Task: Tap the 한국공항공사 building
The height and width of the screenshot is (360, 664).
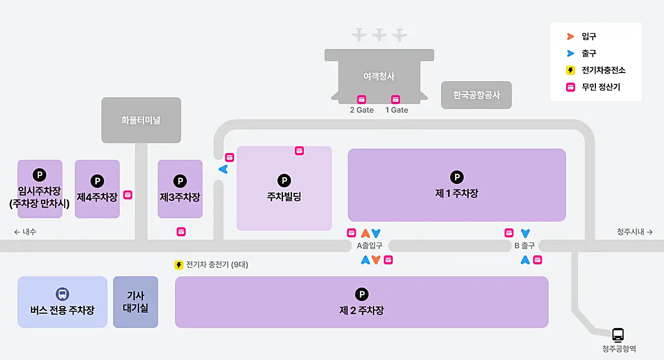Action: point(477,95)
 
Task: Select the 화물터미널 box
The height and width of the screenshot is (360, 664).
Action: point(141,120)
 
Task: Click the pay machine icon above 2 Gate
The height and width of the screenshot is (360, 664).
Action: point(361,99)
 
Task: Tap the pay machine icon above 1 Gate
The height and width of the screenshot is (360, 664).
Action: point(396,99)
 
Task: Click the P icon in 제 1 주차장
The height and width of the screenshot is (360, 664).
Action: point(457,177)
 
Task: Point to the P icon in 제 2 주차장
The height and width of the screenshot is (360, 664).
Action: point(361,294)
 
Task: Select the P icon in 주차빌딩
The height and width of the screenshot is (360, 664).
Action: point(284,181)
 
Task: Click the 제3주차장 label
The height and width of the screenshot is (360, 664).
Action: point(180,197)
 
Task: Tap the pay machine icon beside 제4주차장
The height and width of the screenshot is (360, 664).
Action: point(128,195)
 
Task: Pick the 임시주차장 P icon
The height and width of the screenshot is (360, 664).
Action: point(39,175)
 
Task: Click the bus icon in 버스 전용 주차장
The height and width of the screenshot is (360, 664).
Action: point(62,294)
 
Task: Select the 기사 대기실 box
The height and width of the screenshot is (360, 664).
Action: point(135,302)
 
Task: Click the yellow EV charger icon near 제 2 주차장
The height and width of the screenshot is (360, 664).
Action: point(179,265)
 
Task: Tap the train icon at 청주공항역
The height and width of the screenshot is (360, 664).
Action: point(618,335)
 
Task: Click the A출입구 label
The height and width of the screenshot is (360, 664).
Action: point(370,246)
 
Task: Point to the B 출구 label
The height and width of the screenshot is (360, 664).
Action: point(524,246)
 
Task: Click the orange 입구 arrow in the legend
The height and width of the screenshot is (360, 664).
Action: point(570,37)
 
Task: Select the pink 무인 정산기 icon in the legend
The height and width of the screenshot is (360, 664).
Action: point(570,87)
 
